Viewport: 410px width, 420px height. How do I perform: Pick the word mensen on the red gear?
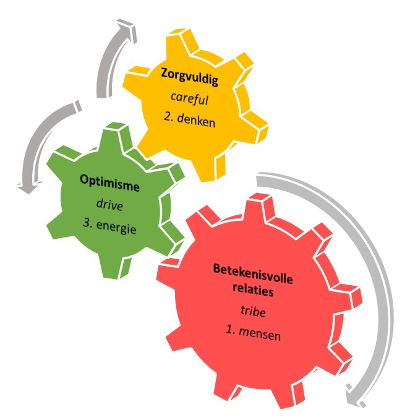tap(261, 335)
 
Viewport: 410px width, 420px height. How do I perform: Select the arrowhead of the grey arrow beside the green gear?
tap(25, 184)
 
